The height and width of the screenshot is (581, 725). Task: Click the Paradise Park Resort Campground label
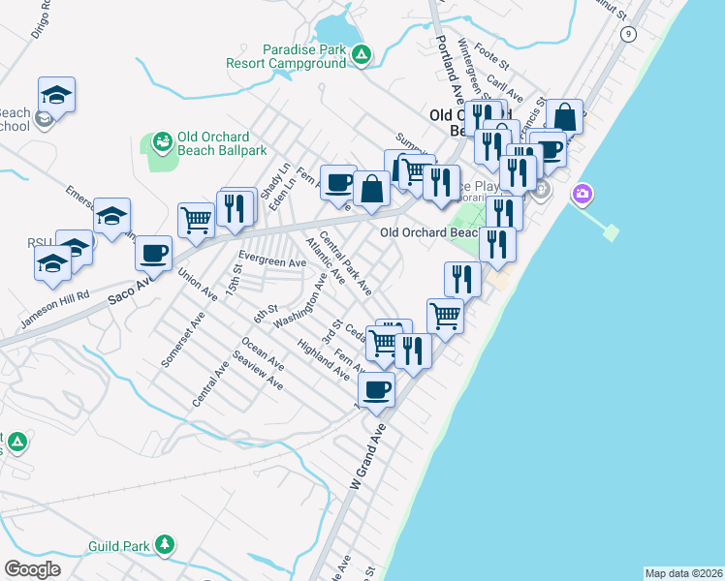[285, 56]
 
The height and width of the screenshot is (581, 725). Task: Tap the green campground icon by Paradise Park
[361, 56]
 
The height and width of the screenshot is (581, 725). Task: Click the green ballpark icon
[161, 143]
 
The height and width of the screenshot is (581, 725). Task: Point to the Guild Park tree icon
[166, 545]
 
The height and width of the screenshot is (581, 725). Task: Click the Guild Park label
[118, 546]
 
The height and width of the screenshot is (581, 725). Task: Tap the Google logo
[32, 569]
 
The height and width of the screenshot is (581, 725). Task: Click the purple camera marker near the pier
[582, 194]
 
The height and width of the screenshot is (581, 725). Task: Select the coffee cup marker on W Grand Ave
[376, 390]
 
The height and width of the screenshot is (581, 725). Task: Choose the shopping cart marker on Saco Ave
[196, 220]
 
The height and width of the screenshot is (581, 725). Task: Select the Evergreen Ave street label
[272, 261]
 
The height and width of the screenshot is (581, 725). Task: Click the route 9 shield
[629, 33]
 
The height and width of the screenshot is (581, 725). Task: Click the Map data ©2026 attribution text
[684, 573]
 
